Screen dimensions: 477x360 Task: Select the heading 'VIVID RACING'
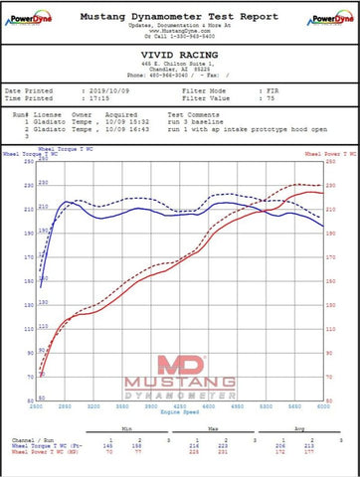point(179,59)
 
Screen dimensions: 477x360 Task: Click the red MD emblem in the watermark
point(179,365)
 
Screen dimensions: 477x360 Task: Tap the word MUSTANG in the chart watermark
point(179,384)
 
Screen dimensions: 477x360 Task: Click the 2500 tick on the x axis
point(37,407)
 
